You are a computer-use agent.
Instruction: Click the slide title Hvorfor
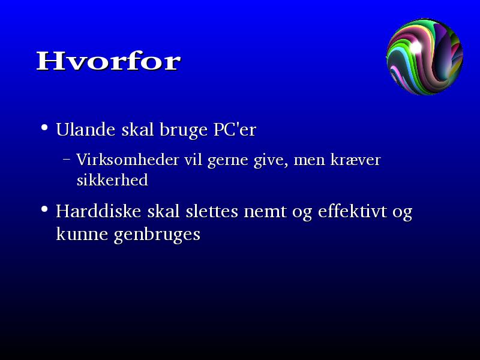[109, 61]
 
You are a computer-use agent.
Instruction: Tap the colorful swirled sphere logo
[425, 56]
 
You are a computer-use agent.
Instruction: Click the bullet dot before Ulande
[44, 127]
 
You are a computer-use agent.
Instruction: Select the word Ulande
[85, 129]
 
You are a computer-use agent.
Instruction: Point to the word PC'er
[235, 129]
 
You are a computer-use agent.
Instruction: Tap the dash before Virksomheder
[67, 159]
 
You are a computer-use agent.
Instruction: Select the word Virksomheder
[128, 160]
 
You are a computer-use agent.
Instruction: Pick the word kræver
[355, 160]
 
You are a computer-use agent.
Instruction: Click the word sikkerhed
[112, 179]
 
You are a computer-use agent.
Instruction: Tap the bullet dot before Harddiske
[44, 209]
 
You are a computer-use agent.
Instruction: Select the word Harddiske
[98, 211]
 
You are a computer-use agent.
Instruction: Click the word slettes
[212, 211]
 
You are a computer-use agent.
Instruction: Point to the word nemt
[265, 212]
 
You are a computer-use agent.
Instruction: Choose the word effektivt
[352, 211]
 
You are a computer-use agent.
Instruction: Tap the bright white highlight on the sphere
[416, 47]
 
